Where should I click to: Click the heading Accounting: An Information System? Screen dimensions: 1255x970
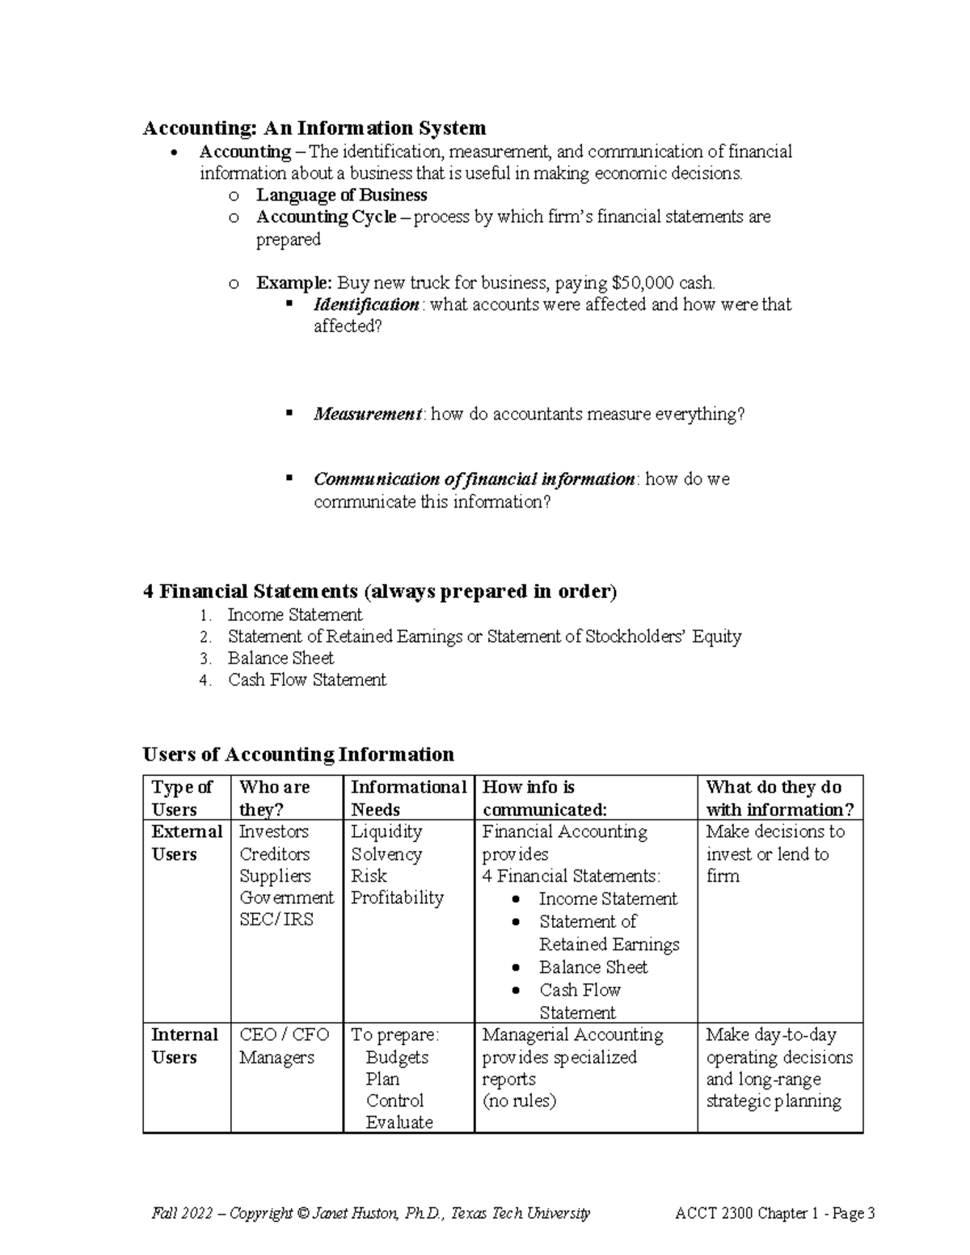coord(314,128)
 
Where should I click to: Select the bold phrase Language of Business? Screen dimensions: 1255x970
coord(341,195)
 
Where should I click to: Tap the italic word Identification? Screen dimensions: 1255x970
coord(366,305)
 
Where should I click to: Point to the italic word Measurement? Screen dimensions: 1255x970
coord(368,415)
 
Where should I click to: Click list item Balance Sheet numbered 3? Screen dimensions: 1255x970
coord(280,658)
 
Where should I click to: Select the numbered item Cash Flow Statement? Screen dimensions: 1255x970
coord(307,680)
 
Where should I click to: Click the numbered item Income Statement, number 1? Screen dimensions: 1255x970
coord(294,614)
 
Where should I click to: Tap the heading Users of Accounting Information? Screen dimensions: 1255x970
coord(298,755)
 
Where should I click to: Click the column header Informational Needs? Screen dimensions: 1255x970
coord(408,798)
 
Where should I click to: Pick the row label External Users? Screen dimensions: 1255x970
coord(186,843)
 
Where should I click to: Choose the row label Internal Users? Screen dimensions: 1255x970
coord(184,1046)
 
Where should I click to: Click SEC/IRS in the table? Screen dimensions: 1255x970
coord(276,920)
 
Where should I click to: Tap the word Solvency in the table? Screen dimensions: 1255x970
coord(386,854)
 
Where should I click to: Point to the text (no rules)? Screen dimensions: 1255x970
coord(519,1101)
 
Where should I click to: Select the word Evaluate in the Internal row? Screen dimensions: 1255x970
coord(399,1122)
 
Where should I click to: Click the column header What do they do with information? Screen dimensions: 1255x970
coord(779,798)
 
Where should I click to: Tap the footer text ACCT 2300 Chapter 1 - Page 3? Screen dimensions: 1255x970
coord(775,1213)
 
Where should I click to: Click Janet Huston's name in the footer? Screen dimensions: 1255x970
coord(353,1213)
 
